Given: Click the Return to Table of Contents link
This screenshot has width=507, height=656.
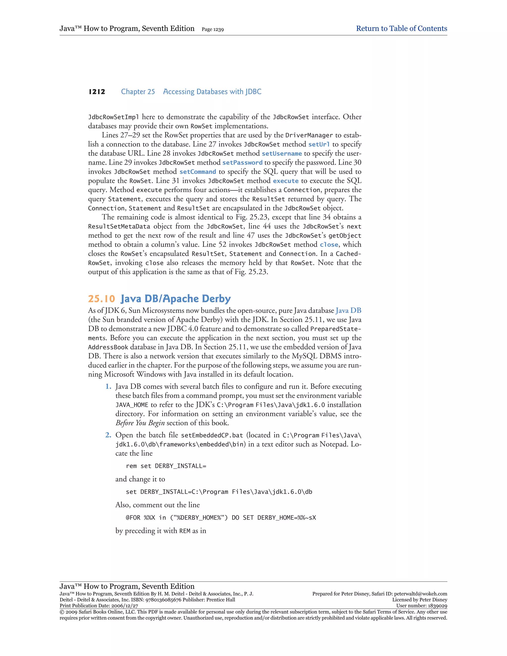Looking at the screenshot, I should coord(401,28).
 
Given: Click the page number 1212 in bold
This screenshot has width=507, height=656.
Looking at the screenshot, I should coord(97,92).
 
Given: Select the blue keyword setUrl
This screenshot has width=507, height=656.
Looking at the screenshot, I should coord(319,145).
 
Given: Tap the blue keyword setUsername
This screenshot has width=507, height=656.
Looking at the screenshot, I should coord(281,153).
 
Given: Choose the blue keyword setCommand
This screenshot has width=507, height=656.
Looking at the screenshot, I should coord(198,172).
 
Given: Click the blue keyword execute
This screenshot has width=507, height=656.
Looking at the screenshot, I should coord(285,181).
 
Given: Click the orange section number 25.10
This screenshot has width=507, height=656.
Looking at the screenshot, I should coord(101,299).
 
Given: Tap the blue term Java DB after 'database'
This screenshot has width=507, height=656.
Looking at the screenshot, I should coord(348,311).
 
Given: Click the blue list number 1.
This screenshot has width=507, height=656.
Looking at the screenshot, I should coord(108,387).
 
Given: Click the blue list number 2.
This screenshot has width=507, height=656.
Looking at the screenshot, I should coord(108,435).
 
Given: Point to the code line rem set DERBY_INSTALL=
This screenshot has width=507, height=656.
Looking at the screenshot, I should coord(166,466).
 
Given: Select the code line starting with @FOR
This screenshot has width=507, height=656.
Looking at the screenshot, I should coord(221,518).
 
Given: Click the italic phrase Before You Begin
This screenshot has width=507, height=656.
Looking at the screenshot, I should coord(140,423).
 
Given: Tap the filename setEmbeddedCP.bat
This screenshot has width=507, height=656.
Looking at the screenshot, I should coord(212,435).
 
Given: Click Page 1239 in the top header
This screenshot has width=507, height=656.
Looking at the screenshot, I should coord(213,29).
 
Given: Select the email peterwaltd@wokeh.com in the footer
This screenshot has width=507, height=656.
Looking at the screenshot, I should coord(421,594).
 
